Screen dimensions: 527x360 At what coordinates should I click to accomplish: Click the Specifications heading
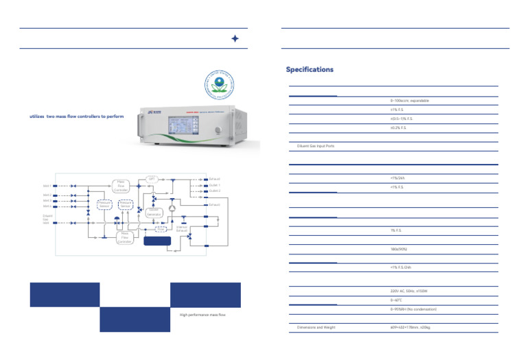[309, 70]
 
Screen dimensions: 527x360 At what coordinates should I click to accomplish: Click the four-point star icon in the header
[235, 39]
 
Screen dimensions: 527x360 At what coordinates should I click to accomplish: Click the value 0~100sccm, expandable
[410, 101]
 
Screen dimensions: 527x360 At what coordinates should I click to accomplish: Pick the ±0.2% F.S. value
[398, 128]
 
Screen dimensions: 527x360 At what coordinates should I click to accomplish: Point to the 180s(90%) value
[399, 249]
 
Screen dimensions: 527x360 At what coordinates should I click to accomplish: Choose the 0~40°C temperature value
[397, 300]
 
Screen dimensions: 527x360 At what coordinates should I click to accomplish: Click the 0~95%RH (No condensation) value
[413, 309]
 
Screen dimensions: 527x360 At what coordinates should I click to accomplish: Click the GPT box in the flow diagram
[152, 179]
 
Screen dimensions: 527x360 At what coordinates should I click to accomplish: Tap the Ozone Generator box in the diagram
[154, 213]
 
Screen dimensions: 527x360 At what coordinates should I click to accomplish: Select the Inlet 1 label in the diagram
[47, 186]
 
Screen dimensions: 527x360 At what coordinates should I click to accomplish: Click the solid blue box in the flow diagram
[158, 239]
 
